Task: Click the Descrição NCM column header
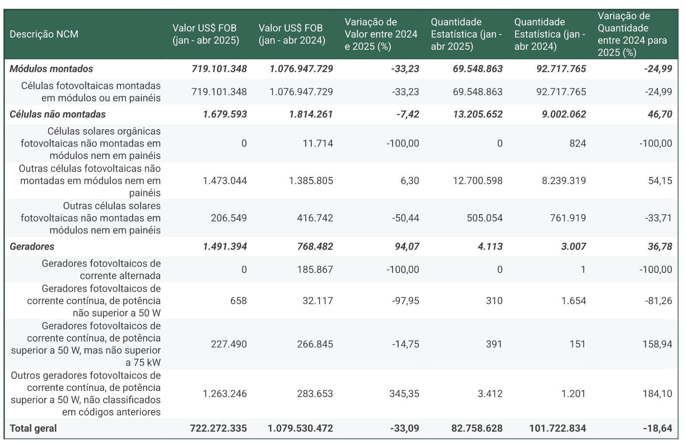(44, 34)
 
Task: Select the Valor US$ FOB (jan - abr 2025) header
(206, 34)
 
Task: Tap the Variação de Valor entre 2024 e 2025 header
(381, 34)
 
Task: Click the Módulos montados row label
(52, 69)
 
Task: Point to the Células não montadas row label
(58, 114)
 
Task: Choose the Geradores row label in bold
(32, 247)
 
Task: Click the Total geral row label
(33, 428)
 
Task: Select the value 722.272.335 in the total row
(218, 428)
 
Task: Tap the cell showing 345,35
(404, 394)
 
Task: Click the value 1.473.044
(225, 181)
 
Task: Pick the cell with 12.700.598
(478, 181)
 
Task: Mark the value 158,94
(657, 344)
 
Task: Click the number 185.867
(315, 270)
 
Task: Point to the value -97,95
(406, 301)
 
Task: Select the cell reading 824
(578, 144)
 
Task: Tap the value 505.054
(485, 218)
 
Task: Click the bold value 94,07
(407, 247)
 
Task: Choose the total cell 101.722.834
(558, 428)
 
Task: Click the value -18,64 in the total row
(657, 428)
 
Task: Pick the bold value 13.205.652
(478, 114)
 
